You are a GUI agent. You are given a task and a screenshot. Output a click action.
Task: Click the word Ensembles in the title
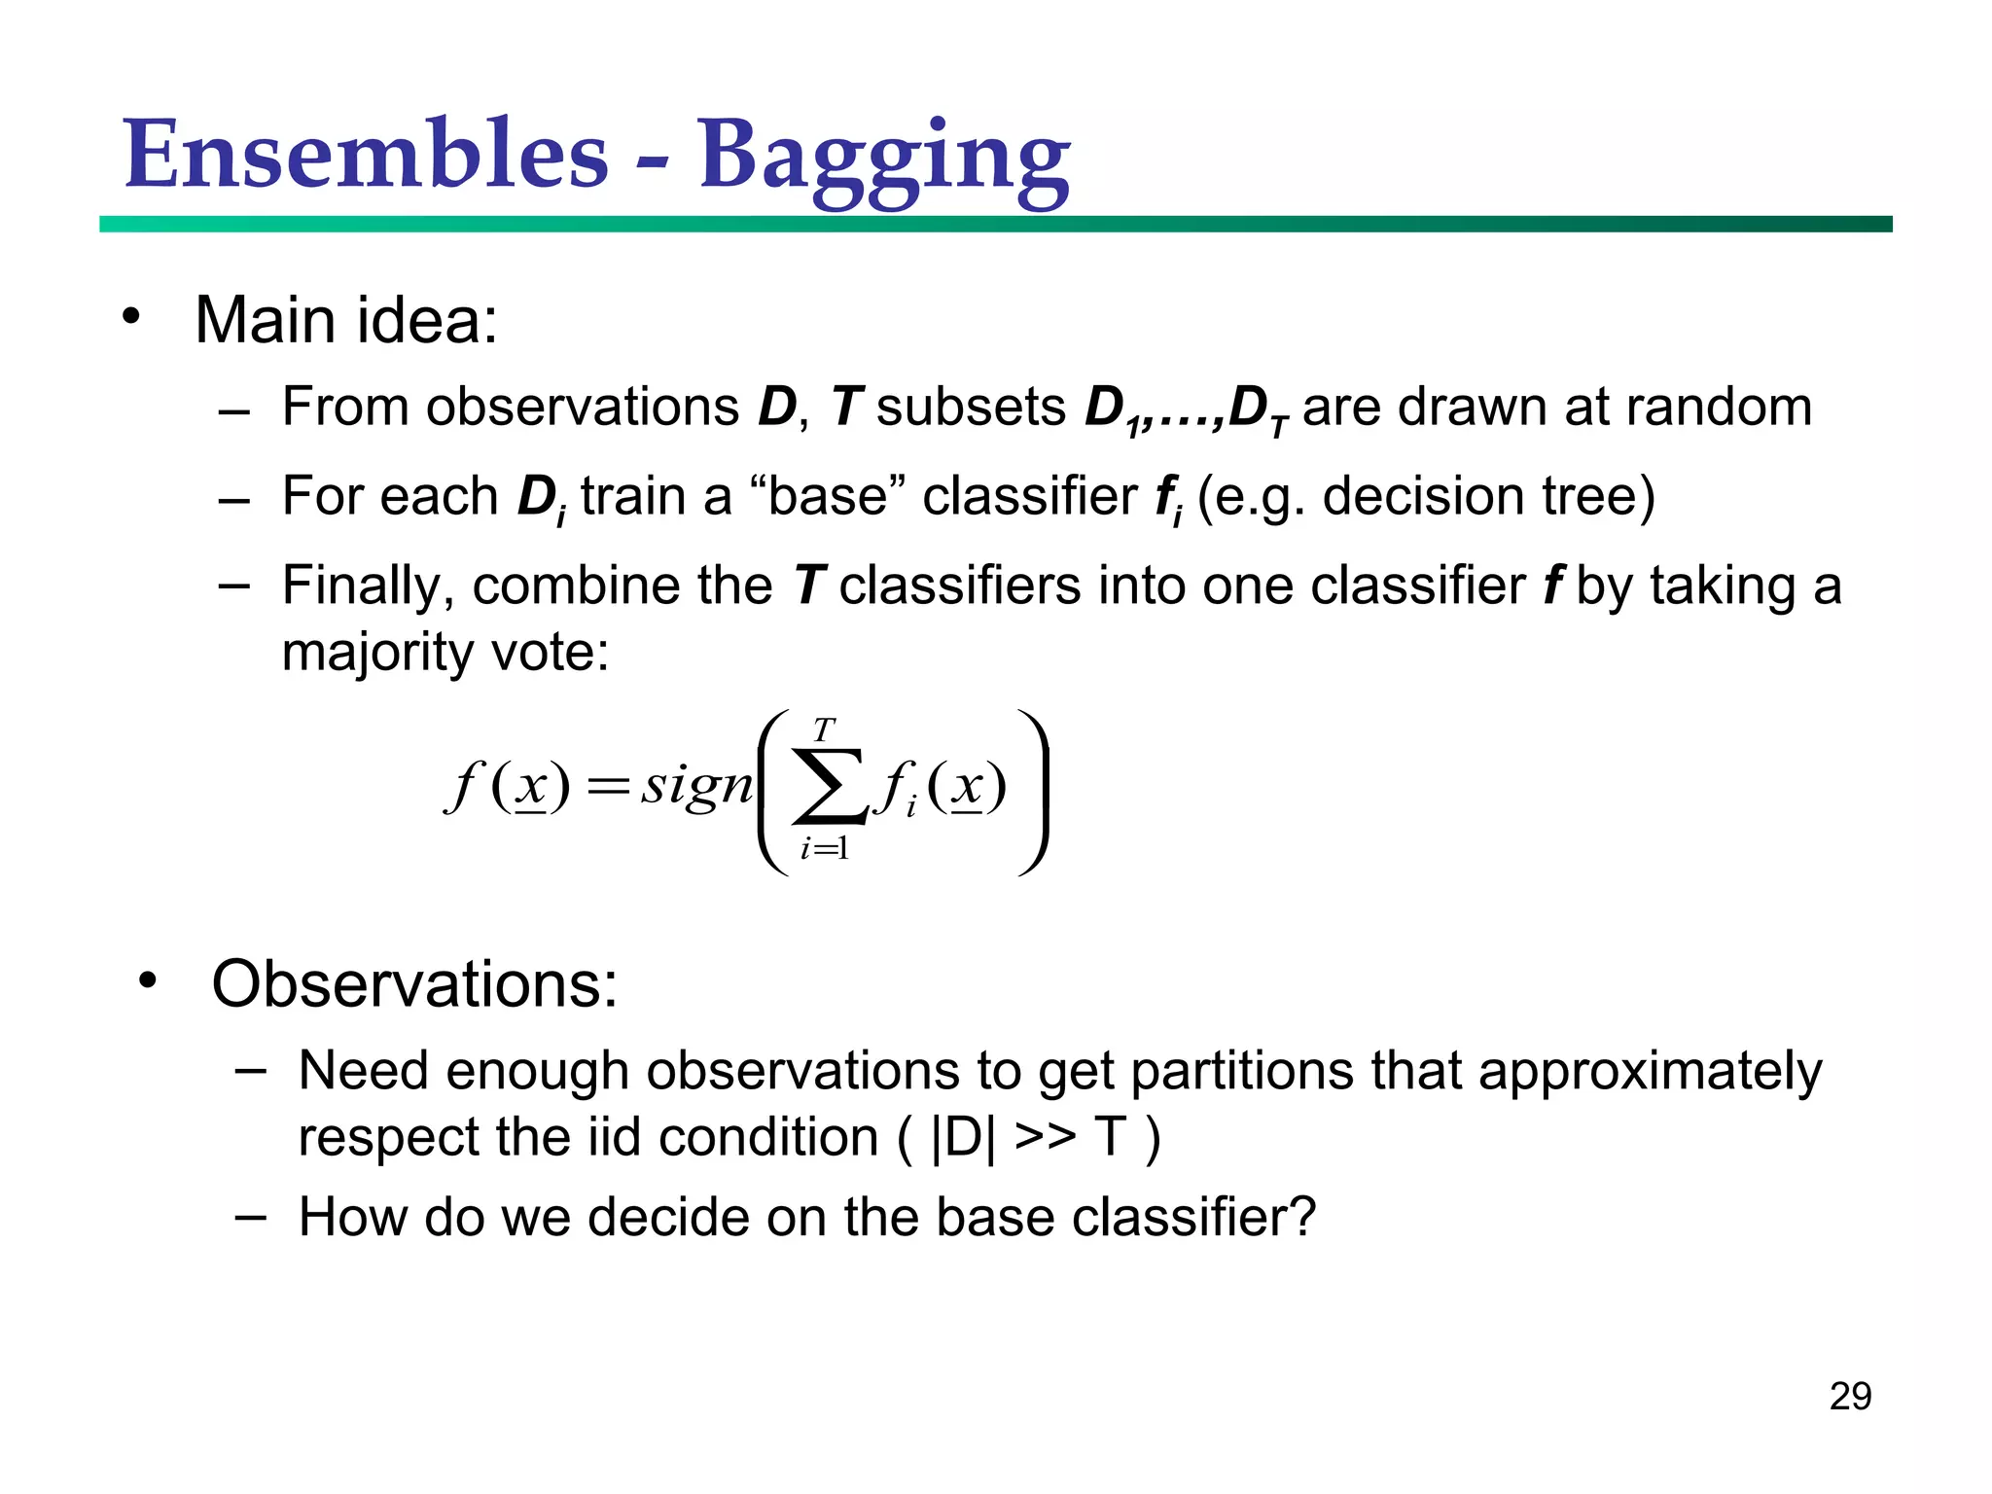[366, 156]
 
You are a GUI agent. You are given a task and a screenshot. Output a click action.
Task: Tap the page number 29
[1849, 1397]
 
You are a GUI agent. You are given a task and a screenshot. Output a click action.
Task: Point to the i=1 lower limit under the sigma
[824, 849]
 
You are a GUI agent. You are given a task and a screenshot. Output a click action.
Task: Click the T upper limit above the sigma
[824, 729]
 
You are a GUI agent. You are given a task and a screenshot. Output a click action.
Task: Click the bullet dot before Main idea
[131, 317]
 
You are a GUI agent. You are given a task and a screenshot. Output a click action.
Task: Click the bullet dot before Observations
[147, 980]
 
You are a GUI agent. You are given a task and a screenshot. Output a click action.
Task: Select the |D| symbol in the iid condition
[963, 1137]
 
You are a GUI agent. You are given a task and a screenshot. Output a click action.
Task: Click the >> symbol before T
[1045, 1137]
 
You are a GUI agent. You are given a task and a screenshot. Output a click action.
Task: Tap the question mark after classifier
[1302, 1217]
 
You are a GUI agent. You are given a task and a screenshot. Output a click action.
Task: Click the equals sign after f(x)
[607, 787]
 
